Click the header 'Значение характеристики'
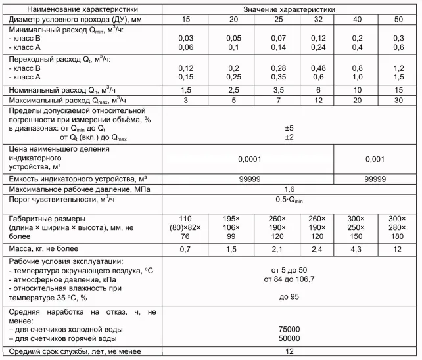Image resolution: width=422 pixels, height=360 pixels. click(289, 9)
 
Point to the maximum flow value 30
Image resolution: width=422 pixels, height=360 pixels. click(398, 100)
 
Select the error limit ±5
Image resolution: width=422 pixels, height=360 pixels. click(289, 128)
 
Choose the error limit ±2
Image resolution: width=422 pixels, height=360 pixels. click(289, 137)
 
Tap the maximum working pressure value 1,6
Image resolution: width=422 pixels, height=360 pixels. click(289, 189)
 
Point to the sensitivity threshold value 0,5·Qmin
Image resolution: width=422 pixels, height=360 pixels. click(289, 200)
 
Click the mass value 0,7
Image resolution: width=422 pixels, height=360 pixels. click(186, 249)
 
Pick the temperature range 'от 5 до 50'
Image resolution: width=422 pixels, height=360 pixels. click(289, 270)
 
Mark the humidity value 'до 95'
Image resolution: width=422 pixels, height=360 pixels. click(289, 296)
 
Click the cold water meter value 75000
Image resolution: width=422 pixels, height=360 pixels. click(289, 329)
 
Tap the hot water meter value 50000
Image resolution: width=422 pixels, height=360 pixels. click(289, 338)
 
